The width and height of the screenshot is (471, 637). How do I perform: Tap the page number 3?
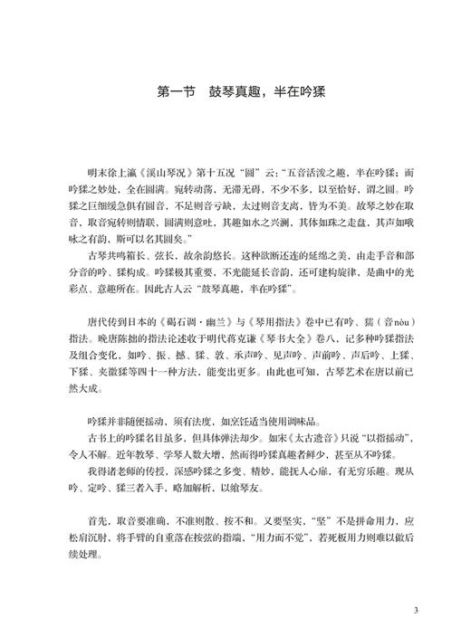click(x=415, y=609)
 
